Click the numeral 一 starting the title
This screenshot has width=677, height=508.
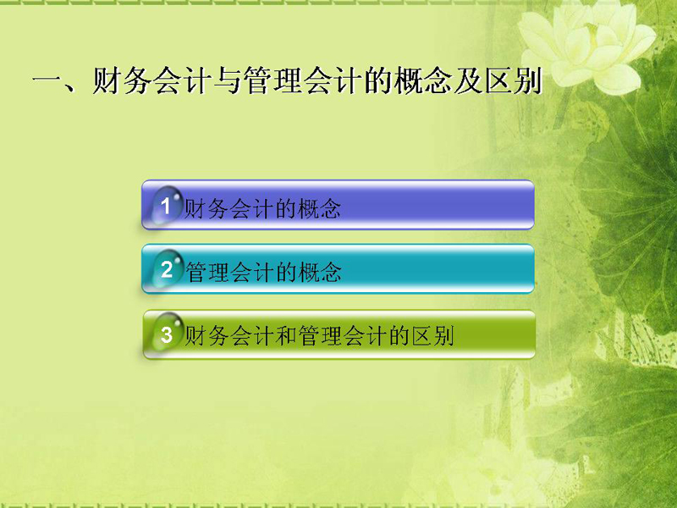coord(47,80)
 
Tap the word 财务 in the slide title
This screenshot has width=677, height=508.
coord(122,80)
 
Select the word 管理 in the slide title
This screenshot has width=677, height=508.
coord(272,80)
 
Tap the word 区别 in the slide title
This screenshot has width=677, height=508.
coord(514,80)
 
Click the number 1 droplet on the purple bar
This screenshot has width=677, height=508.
coord(166,205)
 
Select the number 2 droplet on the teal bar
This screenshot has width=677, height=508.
coord(166,268)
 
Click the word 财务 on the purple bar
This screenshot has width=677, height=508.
coord(206,208)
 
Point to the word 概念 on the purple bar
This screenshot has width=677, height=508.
coord(319,208)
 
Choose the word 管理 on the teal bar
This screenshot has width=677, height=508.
coord(207,272)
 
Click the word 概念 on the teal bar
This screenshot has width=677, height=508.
coord(320,272)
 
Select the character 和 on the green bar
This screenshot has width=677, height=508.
coord(286,335)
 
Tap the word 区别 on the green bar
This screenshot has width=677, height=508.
coord(432,335)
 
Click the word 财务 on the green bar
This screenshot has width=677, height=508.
coord(206,335)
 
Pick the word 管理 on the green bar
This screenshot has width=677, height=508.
coord(320,335)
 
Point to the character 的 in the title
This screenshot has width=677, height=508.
coord(378,80)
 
